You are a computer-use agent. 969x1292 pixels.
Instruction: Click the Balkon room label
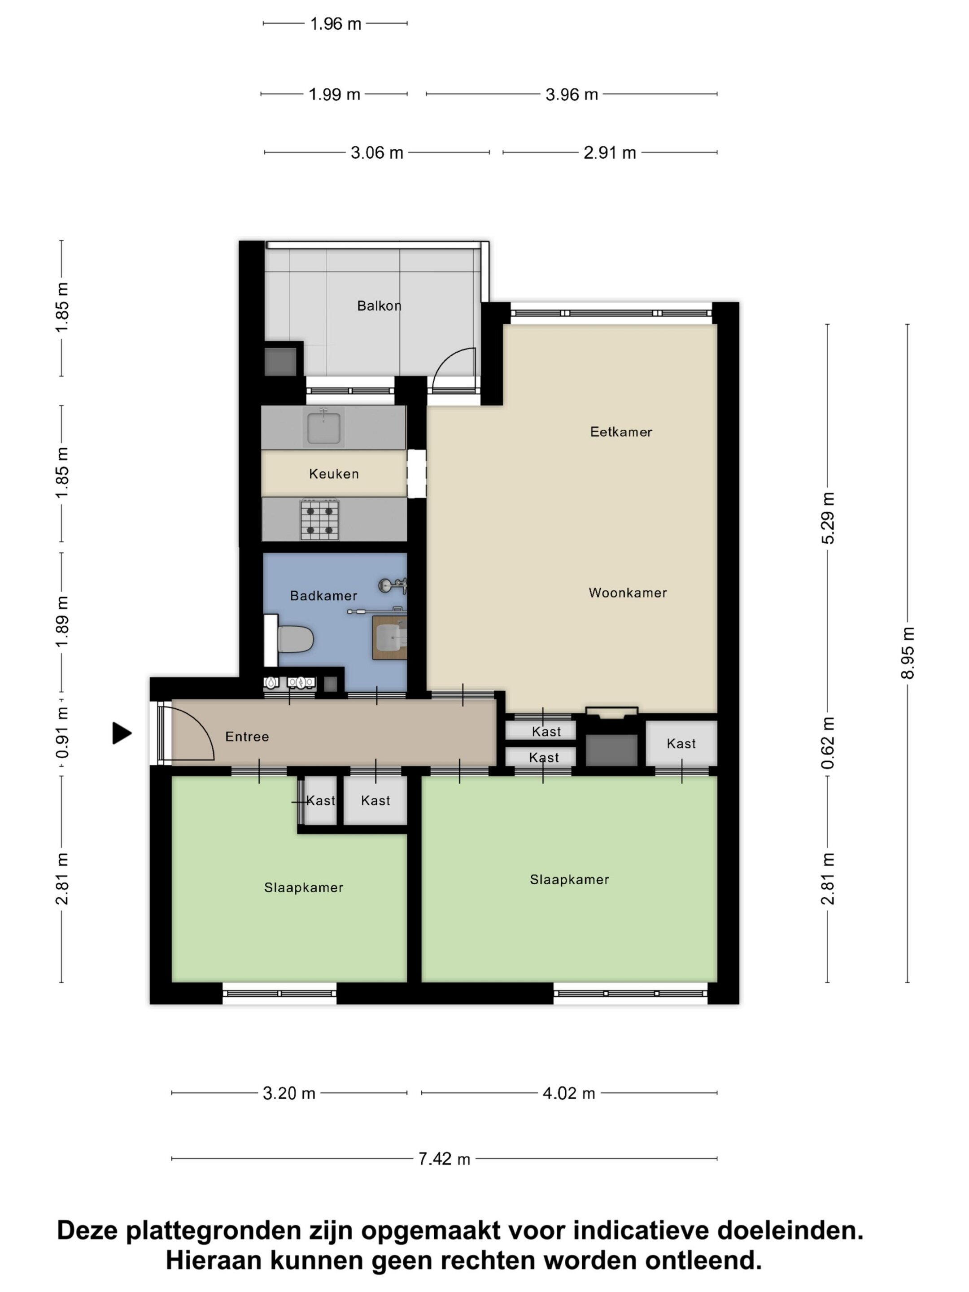379,305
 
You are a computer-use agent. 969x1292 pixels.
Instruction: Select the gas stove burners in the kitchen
319,519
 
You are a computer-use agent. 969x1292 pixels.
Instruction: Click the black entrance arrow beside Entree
122,733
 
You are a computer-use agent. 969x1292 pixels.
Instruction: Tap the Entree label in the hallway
247,737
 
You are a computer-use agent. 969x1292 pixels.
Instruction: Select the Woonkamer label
627,593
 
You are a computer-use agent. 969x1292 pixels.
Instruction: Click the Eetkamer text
621,432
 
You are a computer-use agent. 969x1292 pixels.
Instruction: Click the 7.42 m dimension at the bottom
444,1159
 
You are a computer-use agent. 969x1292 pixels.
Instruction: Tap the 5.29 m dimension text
828,518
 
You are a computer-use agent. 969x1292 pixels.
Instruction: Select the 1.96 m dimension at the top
335,24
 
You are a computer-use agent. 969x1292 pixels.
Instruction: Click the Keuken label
333,474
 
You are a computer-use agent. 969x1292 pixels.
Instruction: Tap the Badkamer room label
323,596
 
